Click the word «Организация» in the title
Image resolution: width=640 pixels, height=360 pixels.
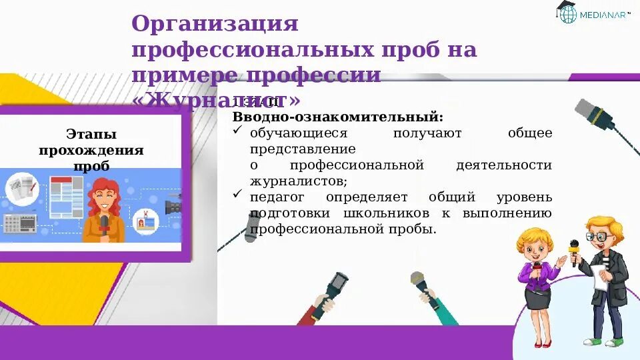coord(214,25)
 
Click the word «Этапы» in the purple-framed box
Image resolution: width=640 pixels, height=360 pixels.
coord(91,134)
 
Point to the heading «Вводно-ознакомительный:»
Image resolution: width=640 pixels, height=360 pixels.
coord(337,117)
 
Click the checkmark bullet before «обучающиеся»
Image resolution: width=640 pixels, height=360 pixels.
coord(238,131)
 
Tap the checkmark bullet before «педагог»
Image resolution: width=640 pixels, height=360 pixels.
coord(238,195)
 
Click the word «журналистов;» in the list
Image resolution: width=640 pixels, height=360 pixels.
coord(298,180)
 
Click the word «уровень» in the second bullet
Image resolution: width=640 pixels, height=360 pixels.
coord(524,197)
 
